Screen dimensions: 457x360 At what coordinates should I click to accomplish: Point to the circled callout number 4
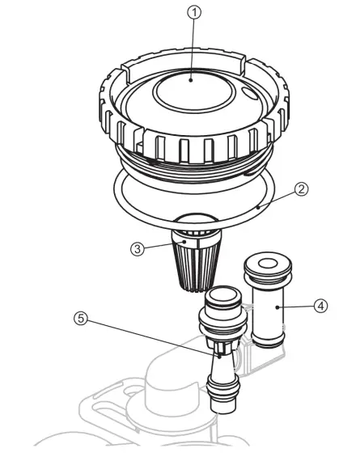pyautogui.click(x=320, y=306)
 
